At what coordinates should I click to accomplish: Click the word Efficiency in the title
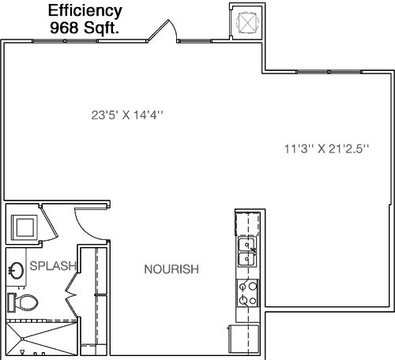click(x=85, y=12)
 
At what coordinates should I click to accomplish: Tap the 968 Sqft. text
click(x=85, y=28)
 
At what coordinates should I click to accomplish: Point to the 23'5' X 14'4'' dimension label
click(x=127, y=115)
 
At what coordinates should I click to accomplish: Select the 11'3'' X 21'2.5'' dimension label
click(x=326, y=148)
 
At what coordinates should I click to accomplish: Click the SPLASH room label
click(x=53, y=266)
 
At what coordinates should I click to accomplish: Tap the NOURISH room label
click(x=171, y=269)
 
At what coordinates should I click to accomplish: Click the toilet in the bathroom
click(x=23, y=302)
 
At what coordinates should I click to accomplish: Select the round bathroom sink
click(x=17, y=270)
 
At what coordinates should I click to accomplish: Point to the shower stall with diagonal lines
click(x=42, y=338)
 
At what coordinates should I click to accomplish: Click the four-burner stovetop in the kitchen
click(x=248, y=293)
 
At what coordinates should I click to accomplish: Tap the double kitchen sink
click(x=246, y=252)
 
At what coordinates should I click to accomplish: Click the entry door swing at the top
click(x=163, y=31)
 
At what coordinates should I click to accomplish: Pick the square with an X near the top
click(x=247, y=23)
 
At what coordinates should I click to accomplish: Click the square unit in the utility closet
click(x=24, y=227)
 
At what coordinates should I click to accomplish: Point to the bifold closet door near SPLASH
click(x=72, y=294)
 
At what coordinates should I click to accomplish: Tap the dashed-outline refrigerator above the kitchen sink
click(x=247, y=223)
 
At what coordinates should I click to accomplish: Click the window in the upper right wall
click(x=329, y=72)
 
